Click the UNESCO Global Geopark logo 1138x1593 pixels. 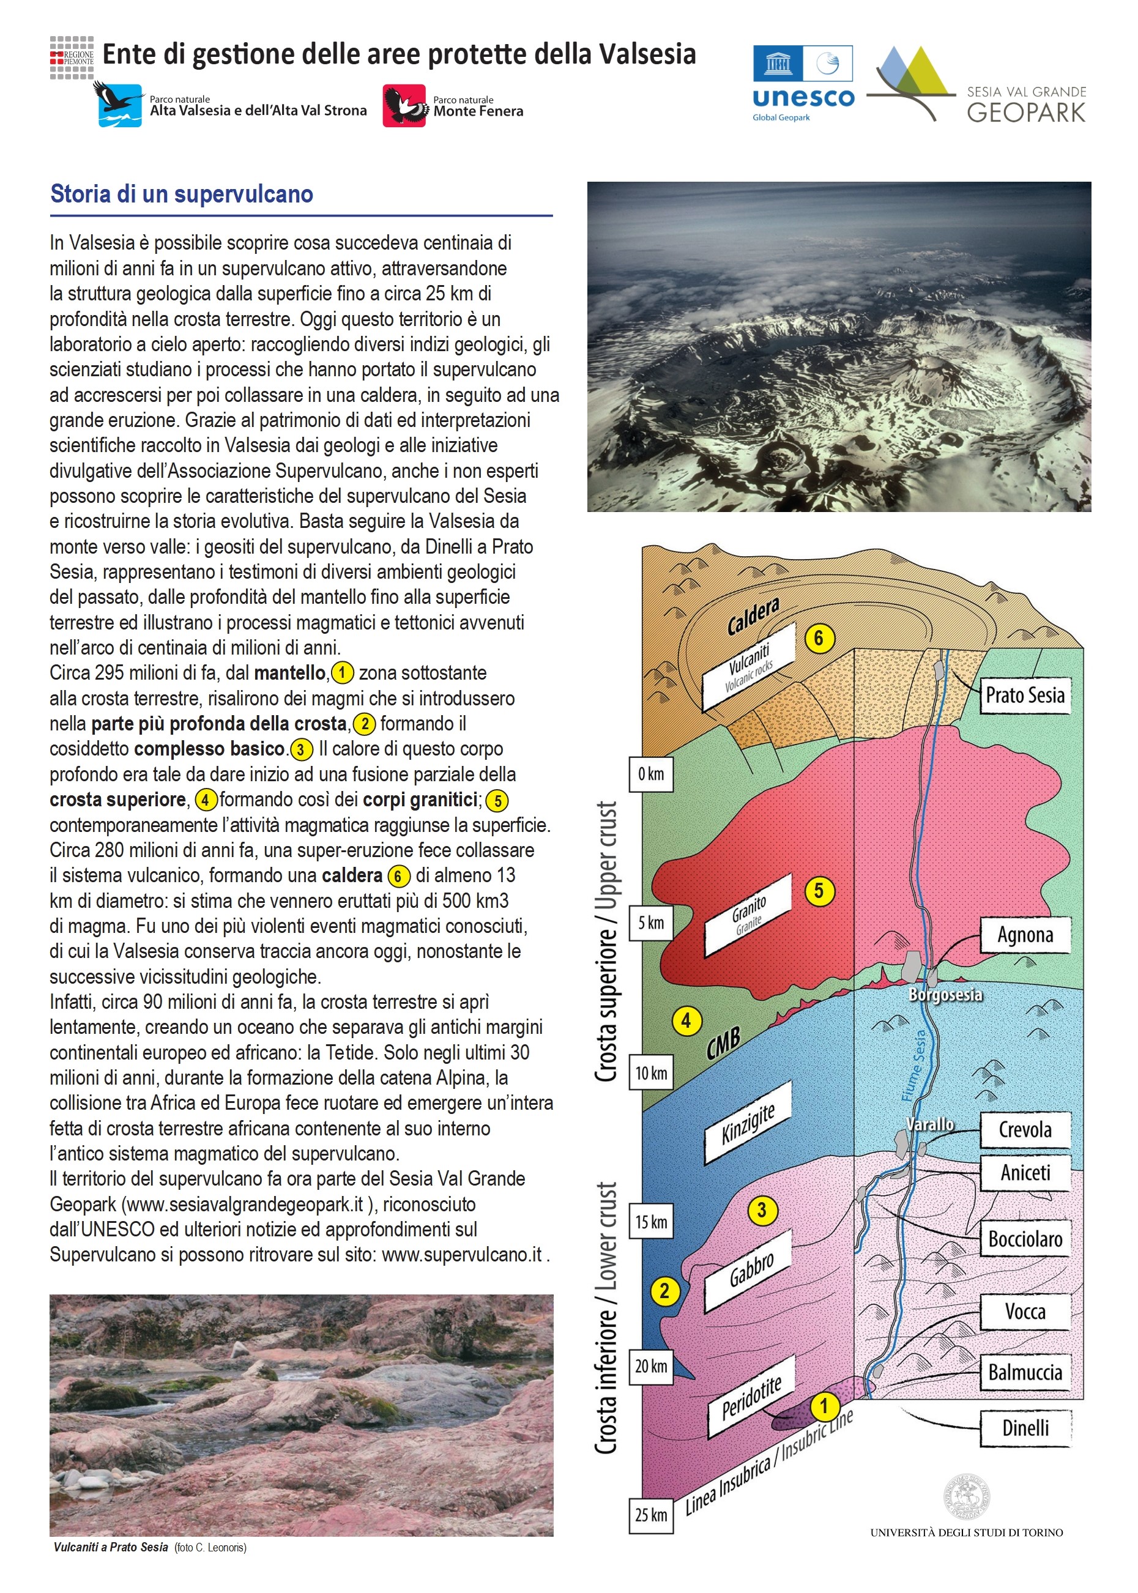(x=803, y=83)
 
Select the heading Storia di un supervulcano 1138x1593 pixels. (x=182, y=194)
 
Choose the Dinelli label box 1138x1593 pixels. (x=1025, y=1428)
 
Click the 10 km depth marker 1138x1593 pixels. (x=651, y=1072)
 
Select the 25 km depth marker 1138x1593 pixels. (x=651, y=1515)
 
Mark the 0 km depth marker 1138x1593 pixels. (x=651, y=774)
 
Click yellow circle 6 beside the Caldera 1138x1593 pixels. (x=819, y=638)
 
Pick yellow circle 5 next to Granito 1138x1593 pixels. (x=819, y=891)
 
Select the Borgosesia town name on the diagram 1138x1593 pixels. (x=945, y=995)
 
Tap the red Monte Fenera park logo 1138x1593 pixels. (x=404, y=106)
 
